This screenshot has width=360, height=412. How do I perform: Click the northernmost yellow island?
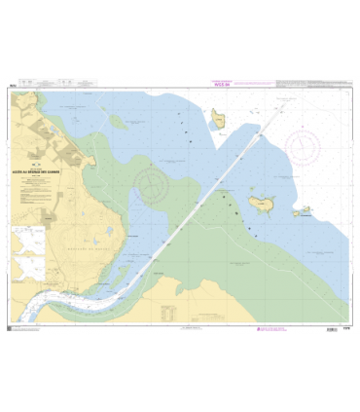tap(220, 120)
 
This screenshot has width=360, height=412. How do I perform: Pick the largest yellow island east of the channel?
tap(261, 204)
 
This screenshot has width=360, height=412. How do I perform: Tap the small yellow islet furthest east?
tap(304, 210)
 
